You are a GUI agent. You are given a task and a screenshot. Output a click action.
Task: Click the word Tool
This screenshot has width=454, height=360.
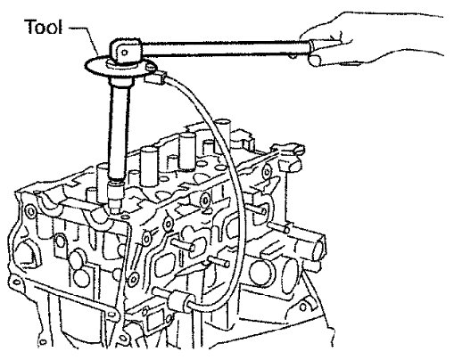[x=45, y=27]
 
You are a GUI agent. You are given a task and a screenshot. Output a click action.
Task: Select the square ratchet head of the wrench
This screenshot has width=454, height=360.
[x=125, y=51]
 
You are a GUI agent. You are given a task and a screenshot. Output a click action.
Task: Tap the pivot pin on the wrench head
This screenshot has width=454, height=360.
[x=125, y=53]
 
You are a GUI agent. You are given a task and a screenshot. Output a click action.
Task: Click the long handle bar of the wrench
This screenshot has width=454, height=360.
[x=226, y=49]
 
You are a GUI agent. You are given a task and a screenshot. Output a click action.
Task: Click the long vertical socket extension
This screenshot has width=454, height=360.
[x=119, y=131]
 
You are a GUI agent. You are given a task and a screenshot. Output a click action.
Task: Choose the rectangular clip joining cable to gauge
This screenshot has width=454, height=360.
[x=155, y=77]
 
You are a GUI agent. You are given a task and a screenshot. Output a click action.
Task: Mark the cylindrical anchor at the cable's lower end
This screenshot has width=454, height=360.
[x=177, y=301]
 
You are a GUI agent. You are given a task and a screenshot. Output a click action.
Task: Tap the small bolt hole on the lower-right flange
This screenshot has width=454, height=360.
[x=303, y=307]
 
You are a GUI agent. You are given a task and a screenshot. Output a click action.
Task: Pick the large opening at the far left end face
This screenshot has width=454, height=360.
[x=28, y=252]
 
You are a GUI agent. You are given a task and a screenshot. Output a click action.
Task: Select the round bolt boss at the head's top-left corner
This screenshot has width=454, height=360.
[x=30, y=211]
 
